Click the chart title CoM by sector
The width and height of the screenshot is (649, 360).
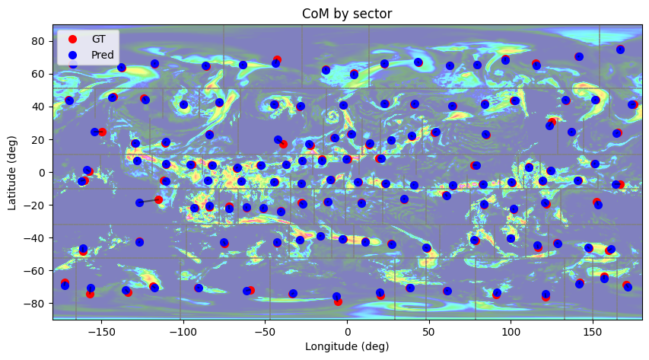pos(347,14)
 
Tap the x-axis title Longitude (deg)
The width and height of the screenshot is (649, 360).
pos(347,347)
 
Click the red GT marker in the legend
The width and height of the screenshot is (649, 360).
pos(73,39)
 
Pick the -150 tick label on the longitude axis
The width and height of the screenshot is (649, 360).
pos(101,333)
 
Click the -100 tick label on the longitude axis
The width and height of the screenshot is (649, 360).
pos(183,333)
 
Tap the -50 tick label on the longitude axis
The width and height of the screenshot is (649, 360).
pos(265,333)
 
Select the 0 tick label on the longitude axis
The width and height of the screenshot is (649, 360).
pos(347,333)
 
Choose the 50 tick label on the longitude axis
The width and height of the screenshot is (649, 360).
pos(428,333)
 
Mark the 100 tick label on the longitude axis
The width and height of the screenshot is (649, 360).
pos(511,333)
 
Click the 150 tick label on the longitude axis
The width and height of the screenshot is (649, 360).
pos(593,333)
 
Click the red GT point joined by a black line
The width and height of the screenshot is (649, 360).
pos(158,199)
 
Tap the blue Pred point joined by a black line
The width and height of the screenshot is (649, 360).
pos(139,202)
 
